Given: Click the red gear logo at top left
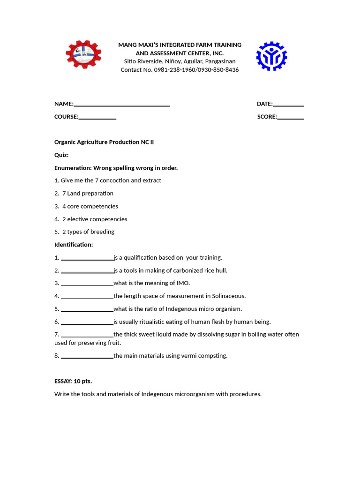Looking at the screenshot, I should point(83,55).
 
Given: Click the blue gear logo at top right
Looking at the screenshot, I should point(271,56).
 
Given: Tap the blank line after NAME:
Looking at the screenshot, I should point(121,104).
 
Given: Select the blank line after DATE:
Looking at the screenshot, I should point(288,104).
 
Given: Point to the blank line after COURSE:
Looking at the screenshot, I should point(97,117).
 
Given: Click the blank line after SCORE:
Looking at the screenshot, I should point(291,117).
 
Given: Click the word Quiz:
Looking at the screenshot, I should point(61,155).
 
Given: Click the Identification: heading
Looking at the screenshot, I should point(74,245).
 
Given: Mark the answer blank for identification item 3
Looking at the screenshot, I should point(87,284).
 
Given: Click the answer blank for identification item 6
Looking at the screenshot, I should point(87,322).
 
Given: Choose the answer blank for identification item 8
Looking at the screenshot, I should point(87,356).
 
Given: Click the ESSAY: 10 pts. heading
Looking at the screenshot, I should point(73,381).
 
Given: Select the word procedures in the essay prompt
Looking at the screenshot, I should point(246,394).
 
